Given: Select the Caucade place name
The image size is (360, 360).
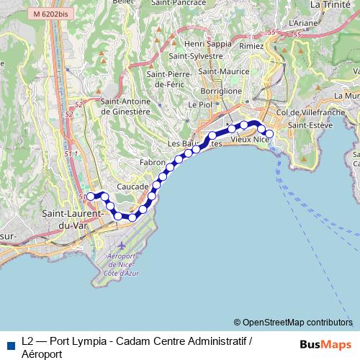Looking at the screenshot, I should click(x=132, y=185).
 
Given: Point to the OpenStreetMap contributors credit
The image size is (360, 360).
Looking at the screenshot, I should click(x=293, y=323).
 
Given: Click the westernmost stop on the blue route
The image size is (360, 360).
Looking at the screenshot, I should click(x=89, y=195).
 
